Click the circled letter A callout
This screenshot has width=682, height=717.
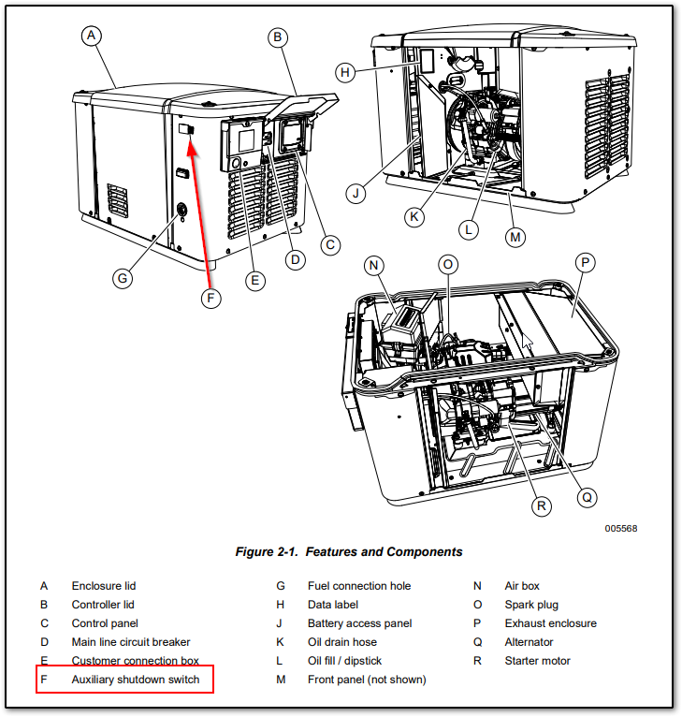tap(91, 36)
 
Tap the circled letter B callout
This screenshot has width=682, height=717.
tap(277, 37)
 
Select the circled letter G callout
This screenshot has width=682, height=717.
tap(122, 277)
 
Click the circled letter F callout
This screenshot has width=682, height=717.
tap(210, 299)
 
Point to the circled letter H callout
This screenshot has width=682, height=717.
tap(344, 71)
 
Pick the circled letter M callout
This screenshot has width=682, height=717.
tap(515, 238)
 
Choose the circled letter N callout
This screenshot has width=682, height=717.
tap(375, 266)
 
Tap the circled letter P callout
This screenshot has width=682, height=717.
tap(585, 263)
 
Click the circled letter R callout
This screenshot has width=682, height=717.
tap(540, 506)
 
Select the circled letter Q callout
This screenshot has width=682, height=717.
tap(587, 498)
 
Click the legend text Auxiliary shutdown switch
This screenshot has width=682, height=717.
tap(136, 680)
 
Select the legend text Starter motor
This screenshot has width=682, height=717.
tap(537, 661)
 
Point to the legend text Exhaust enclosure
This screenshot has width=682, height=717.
tap(550, 623)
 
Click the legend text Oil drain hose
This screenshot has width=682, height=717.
tap(346, 642)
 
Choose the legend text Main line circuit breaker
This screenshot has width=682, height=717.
tap(131, 642)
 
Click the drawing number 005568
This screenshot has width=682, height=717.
tap(620, 528)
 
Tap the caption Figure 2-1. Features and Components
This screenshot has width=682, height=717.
tap(348, 552)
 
